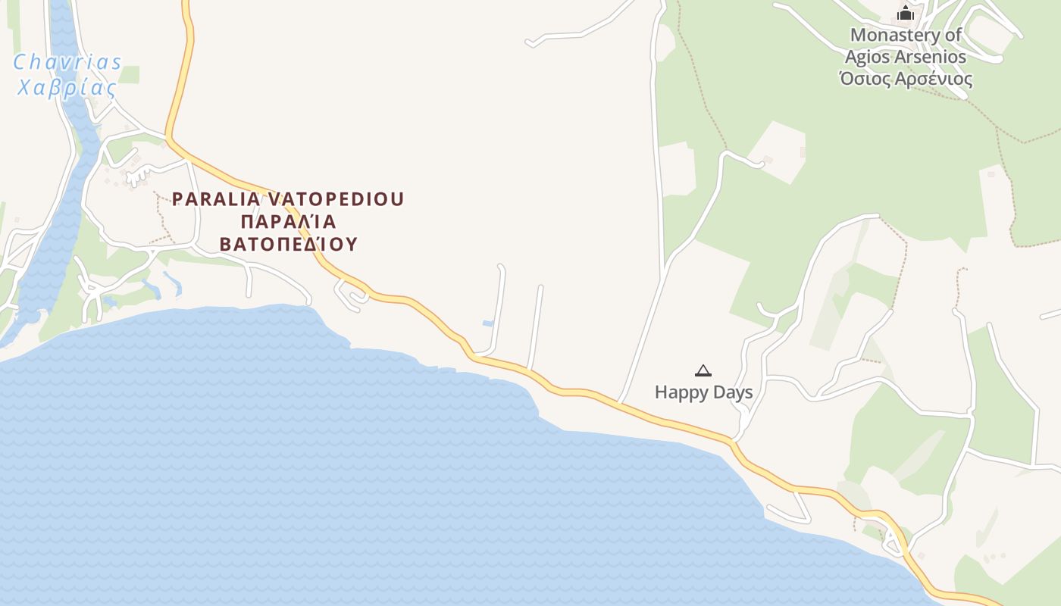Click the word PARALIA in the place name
(x=217, y=199)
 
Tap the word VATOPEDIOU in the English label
(x=336, y=199)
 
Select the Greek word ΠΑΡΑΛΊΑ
(x=288, y=222)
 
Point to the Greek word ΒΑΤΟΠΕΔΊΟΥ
(x=288, y=245)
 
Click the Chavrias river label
(x=67, y=62)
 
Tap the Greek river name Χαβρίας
(x=67, y=87)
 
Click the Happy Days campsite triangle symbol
(x=703, y=370)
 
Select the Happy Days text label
(x=703, y=392)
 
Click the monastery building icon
(x=906, y=14)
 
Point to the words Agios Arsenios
(x=906, y=57)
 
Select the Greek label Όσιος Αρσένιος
(x=906, y=79)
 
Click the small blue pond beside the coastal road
(x=488, y=323)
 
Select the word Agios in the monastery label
(x=867, y=57)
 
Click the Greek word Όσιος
(x=865, y=79)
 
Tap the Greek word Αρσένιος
(x=934, y=79)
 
